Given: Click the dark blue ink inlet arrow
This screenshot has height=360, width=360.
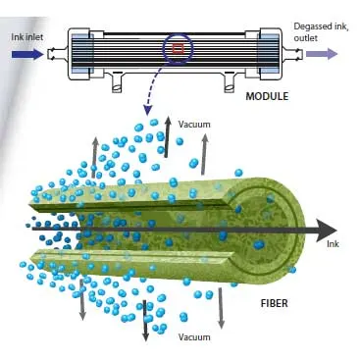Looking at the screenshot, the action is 27,54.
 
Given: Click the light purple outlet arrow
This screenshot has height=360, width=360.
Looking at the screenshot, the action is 322,53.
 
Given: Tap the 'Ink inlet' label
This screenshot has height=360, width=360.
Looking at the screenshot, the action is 27,37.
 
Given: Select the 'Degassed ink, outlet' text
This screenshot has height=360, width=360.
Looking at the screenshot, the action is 321,32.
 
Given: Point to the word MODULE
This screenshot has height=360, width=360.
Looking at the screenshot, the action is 267,96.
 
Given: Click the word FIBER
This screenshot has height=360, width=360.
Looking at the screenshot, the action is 275,303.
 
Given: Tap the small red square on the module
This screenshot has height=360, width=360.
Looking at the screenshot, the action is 179,49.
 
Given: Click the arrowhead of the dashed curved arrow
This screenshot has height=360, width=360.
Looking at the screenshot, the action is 148,111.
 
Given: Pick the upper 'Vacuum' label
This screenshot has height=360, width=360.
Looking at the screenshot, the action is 194,125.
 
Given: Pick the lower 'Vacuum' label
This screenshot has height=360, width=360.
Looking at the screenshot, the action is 194,336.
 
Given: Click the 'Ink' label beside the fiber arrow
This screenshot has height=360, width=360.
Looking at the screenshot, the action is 333,244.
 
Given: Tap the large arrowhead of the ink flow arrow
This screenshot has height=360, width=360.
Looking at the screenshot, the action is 327,231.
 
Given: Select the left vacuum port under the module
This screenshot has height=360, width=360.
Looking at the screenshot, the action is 118,82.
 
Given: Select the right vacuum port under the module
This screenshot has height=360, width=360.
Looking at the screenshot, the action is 231,82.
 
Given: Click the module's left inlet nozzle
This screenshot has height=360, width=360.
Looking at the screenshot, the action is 58,54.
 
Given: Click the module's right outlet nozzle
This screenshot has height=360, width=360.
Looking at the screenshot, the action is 292,54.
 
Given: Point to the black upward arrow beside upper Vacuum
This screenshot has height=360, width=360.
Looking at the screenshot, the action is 168,137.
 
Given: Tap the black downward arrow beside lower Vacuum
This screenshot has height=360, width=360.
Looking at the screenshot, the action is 145,321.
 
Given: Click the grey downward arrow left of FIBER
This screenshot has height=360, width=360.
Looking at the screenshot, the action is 221,308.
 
